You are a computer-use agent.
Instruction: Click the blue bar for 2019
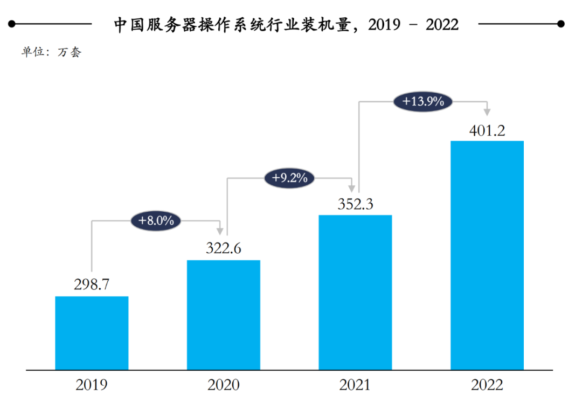point(92,333)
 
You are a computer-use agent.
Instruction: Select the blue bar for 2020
point(224,315)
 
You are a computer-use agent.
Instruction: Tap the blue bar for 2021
point(355,292)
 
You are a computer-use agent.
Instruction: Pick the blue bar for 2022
point(487,255)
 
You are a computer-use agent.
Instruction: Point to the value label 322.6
point(224,248)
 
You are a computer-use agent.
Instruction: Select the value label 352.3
point(355,204)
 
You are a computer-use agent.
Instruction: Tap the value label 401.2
point(487,130)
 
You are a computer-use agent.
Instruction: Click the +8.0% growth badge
point(156,220)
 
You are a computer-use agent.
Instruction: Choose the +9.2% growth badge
point(289,177)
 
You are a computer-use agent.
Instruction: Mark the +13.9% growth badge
point(422,101)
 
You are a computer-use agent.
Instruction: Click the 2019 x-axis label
point(92,385)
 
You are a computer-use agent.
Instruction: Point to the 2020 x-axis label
point(224,385)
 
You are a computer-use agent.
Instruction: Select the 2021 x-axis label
point(355,385)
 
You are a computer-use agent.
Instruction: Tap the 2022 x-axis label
point(487,385)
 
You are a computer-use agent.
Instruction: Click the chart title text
point(286,24)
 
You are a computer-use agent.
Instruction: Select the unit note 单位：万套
point(51,53)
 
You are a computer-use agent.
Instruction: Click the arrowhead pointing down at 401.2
point(487,112)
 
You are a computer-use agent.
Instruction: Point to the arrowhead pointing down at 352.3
point(352,188)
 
